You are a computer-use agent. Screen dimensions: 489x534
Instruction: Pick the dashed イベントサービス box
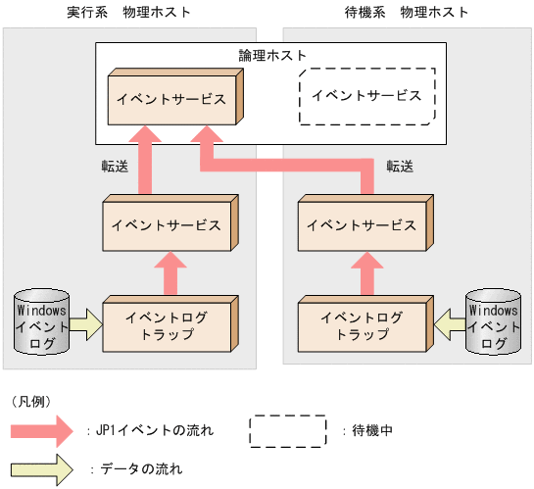pos(365,96)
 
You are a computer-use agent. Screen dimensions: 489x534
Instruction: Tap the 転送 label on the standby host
pos(400,166)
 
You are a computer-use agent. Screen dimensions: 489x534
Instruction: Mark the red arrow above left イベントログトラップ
pos(169,274)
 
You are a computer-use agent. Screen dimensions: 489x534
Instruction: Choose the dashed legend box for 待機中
pos(288,429)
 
